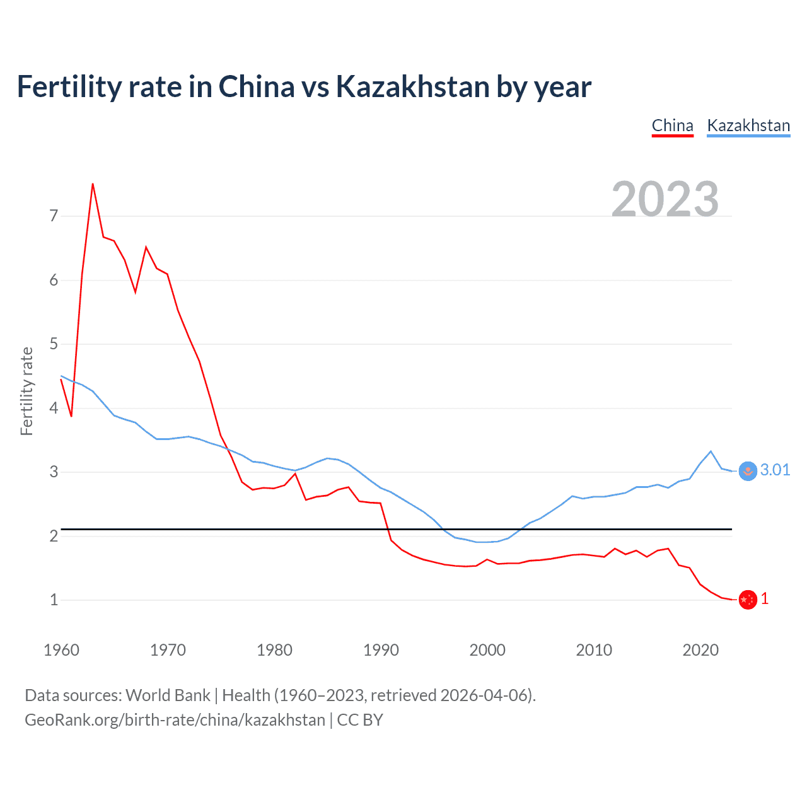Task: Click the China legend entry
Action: click(672, 125)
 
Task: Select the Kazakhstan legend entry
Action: click(748, 125)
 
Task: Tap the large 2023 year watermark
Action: click(665, 199)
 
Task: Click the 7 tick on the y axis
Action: click(54, 216)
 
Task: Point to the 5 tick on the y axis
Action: click(54, 344)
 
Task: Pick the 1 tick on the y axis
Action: click(54, 600)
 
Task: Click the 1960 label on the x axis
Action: click(61, 650)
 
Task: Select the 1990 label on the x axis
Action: click(381, 650)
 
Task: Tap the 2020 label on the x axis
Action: click(700, 650)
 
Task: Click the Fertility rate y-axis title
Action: click(26, 391)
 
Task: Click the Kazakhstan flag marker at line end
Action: click(748, 471)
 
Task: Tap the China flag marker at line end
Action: click(748, 600)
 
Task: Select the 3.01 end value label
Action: click(775, 470)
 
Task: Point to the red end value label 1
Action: click(765, 599)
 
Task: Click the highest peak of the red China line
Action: click(93, 184)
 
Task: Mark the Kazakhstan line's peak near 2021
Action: click(711, 451)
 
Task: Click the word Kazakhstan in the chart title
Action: click(413, 86)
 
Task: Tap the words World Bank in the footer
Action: click(168, 695)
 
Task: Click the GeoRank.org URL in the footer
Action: click(175, 720)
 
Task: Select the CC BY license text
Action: click(360, 720)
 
